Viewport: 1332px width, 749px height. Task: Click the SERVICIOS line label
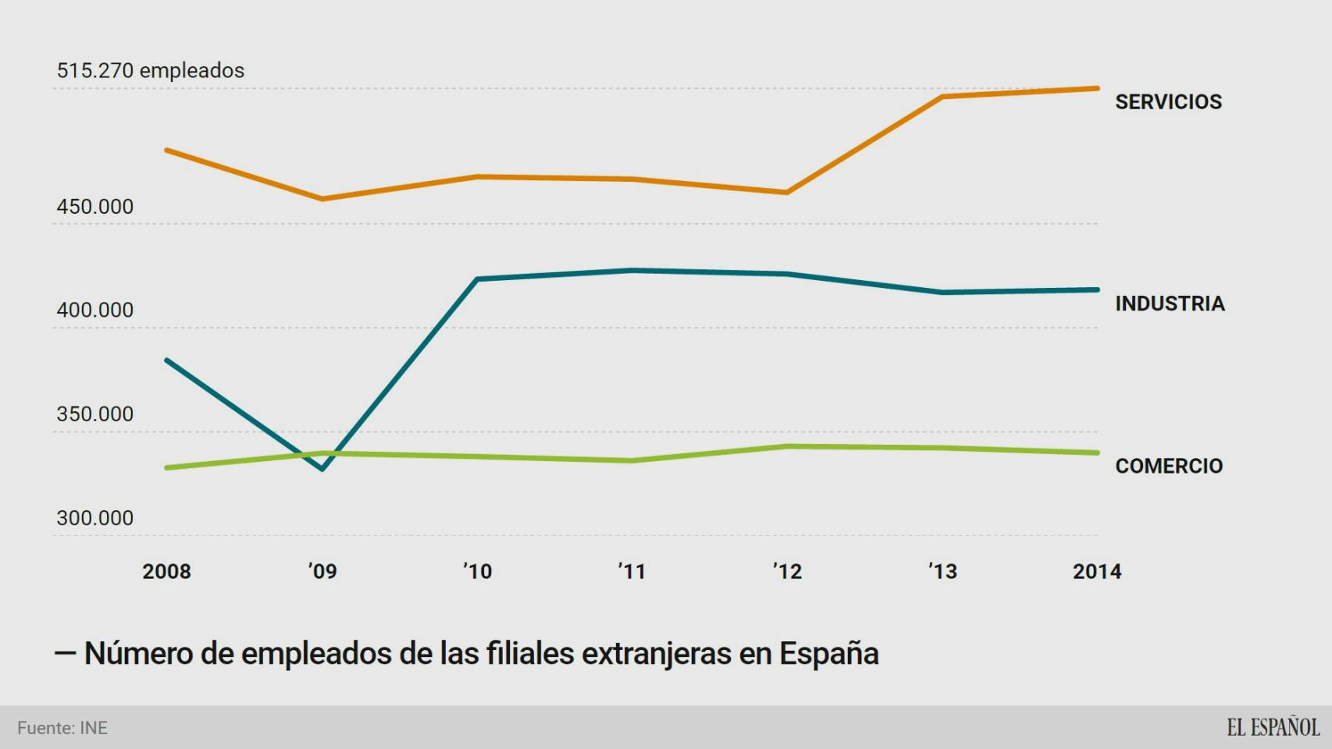(1168, 101)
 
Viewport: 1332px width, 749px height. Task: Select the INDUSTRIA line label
(1170, 304)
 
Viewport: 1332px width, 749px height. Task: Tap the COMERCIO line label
(1169, 466)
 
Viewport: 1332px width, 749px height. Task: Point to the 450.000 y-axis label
(94, 207)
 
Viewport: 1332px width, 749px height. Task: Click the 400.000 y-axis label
(94, 311)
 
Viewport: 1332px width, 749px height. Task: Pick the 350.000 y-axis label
(94, 414)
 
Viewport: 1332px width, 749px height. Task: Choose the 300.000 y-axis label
(94, 518)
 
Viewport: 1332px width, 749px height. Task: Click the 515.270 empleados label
(150, 70)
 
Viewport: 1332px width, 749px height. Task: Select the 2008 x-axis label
(166, 571)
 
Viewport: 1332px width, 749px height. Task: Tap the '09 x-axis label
(322, 571)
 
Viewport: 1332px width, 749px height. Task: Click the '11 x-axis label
(632, 571)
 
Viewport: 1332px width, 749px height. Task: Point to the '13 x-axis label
(942, 571)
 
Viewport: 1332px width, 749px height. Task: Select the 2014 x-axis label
(1097, 571)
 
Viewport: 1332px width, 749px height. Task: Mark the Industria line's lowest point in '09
(322, 469)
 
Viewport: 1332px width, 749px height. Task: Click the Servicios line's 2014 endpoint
(1097, 88)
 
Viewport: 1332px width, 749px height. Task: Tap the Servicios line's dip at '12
(787, 192)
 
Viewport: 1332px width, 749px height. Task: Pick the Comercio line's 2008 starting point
(167, 467)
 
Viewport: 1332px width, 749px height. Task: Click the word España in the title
(829, 653)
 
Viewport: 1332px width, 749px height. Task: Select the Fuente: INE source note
(62, 728)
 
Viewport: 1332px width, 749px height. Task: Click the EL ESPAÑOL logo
(1273, 727)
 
